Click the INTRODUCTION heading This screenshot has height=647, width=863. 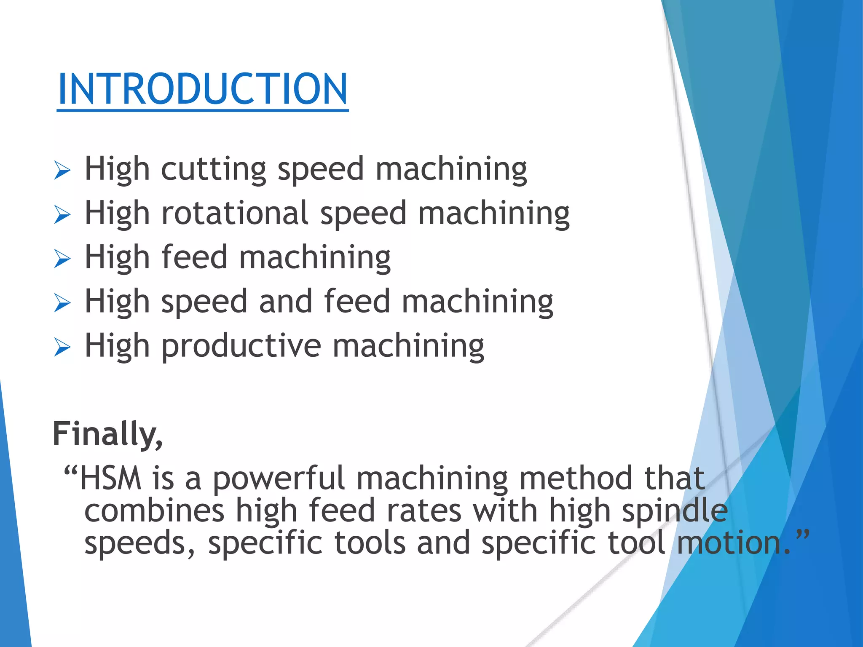[x=202, y=89]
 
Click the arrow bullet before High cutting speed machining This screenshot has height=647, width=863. [x=62, y=171]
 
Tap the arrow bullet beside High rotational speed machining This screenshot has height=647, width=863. [x=62, y=215]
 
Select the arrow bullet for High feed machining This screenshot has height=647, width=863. [x=62, y=259]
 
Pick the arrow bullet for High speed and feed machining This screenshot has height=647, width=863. [x=62, y=303]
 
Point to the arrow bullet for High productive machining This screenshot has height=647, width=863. [x=62, y=347]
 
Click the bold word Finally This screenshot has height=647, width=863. [x=107, y=434]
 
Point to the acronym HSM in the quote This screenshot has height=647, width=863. [x=111, y=479]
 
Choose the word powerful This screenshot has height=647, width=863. [x=279, y=479]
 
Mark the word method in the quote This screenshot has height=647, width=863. [x=576, y=479]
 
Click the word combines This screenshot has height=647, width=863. [x=154, y=511]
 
